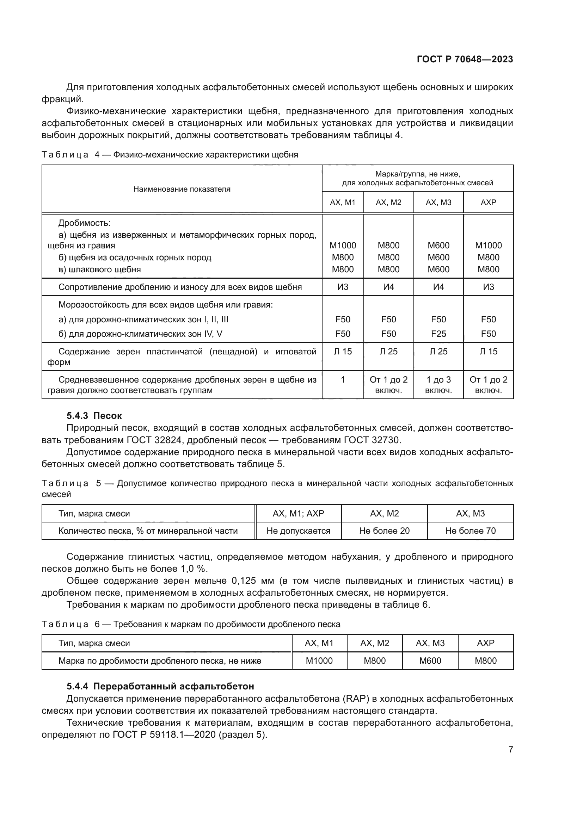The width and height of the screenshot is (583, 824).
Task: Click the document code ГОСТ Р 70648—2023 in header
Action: coord(465,60)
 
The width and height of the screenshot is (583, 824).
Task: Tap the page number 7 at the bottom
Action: coord(510,749)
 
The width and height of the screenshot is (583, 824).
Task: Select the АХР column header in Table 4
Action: coord(488,203)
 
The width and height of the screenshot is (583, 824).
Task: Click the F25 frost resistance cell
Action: coord(438,334)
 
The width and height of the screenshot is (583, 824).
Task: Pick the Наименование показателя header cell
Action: coord(182,189)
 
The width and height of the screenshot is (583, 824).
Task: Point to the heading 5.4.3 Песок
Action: coord(94,416)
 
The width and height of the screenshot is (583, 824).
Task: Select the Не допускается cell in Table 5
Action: coord(298,531)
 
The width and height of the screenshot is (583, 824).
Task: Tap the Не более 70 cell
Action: coord(470,531)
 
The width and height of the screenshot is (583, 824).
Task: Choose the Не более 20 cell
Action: coord(384,531)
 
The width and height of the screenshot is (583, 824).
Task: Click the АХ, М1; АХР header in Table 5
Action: coord(298,514)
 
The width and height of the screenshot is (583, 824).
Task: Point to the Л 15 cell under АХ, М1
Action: coord(343,352)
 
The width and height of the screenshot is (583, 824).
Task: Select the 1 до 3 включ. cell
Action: coord(438,385)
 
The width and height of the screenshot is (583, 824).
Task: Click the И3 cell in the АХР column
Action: coord(488,287)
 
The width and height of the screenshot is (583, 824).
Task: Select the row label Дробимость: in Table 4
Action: coord(84,223)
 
